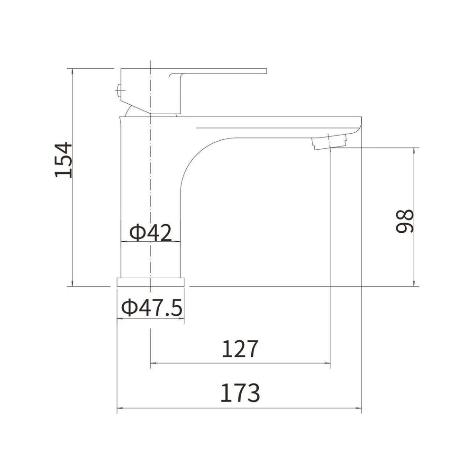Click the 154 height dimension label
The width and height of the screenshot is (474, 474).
[64, 160]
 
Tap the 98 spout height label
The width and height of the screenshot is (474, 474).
[404, 221]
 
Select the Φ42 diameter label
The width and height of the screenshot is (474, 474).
[150, 233]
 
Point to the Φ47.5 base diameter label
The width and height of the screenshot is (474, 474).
[152, 307]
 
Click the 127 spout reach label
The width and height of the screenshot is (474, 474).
[240, 349]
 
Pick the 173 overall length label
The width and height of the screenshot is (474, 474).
[240, 393]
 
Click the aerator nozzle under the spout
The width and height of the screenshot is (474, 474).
[329, 142]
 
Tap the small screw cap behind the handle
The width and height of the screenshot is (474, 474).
[118, 90]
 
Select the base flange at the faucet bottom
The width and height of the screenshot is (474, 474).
[151, 282]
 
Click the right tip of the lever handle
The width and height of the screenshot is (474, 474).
[266, 71]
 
